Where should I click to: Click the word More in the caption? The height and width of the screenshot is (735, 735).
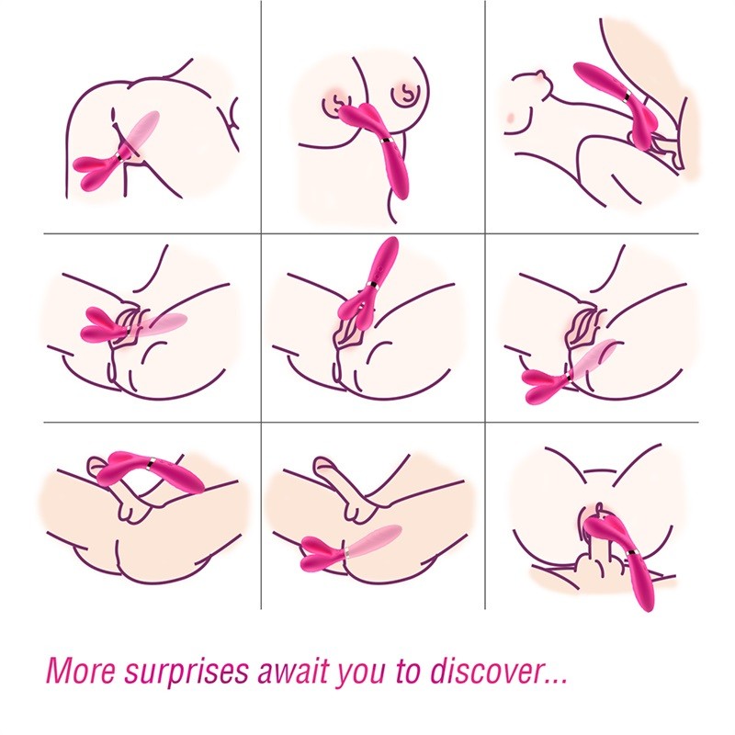pyautogui.click(x=80, y=671)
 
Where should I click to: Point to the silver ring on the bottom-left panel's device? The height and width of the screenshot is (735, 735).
pyautogui.click(x=149, y=464)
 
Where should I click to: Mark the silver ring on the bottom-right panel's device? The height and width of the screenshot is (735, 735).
pyautogui.click(x=633, y=552)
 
